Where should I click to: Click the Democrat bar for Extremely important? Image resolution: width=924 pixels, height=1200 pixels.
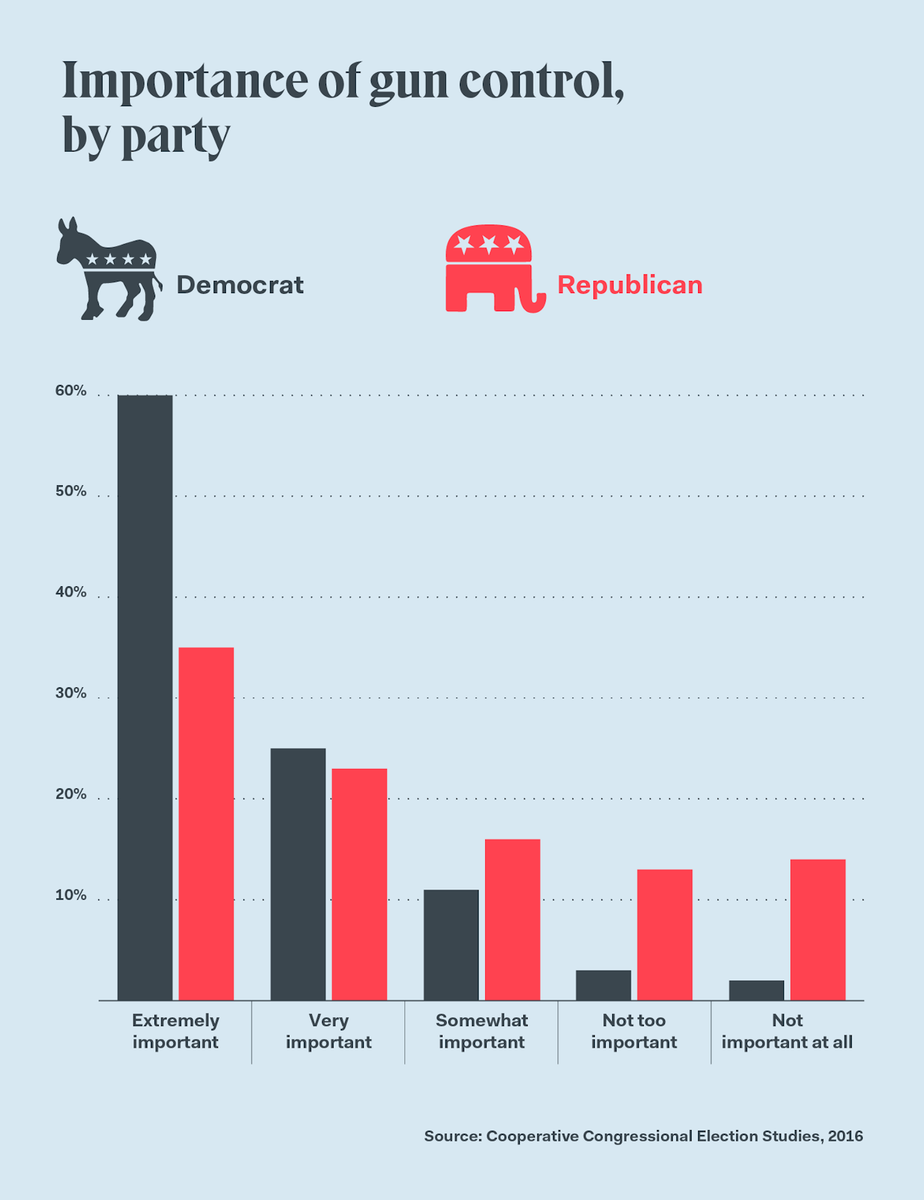point(145,697)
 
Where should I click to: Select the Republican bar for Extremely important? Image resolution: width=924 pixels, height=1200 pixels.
point(206,824)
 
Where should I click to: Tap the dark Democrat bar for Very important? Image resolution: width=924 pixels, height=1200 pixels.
point(298,874)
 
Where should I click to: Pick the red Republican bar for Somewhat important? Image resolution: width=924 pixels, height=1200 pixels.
point(513,920)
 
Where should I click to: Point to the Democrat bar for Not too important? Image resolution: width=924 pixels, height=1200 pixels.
point(603,986)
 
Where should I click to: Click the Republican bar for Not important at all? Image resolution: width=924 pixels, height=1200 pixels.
point(818,930)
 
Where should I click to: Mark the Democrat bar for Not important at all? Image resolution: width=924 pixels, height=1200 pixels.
point(757,991)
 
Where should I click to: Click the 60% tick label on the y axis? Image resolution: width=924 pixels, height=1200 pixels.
point(71,391)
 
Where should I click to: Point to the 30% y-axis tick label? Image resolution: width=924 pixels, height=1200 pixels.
point(71,693)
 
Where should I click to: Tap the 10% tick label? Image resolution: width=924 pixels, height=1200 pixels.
point(71,895)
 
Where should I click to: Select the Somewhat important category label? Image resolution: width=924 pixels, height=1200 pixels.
point(481,1031)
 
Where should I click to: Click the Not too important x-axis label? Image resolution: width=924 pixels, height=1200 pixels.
point(634,1031)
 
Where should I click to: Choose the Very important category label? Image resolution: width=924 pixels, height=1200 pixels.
point(328,1031)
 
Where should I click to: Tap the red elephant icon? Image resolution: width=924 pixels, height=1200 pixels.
point(494,269)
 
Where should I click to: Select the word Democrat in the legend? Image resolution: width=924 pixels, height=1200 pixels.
point(240,285)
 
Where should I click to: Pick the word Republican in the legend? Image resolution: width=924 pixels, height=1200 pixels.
point(629,285)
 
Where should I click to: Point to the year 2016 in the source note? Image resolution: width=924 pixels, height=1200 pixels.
point(845,1136)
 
